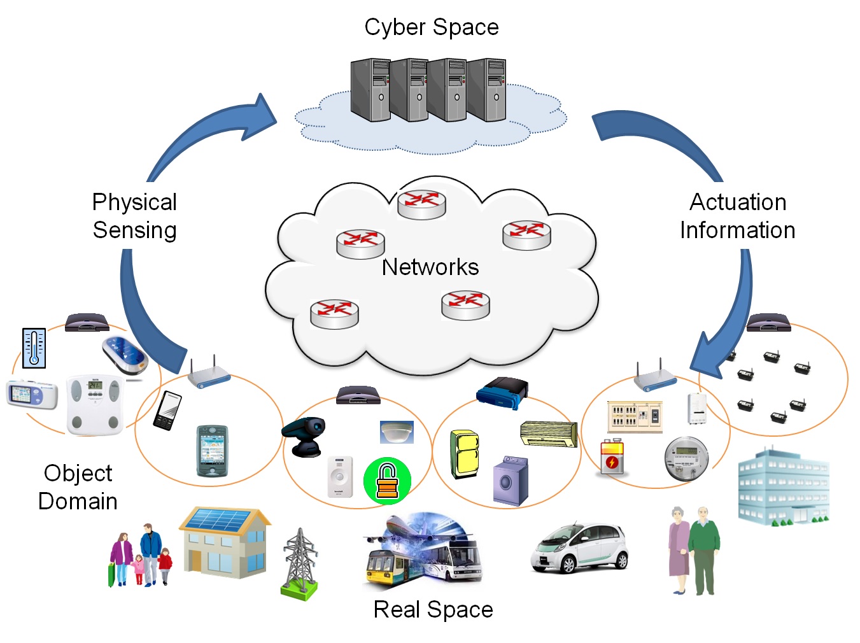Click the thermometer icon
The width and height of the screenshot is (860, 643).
(x=34, y=348)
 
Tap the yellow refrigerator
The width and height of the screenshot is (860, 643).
(x=465, y=454)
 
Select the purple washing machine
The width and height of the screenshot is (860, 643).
(x=511, y=481)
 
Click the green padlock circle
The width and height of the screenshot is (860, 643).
(x=387, y=481)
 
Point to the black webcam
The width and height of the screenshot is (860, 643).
(x=306, y=436)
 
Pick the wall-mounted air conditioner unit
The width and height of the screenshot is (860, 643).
(x=548, y=434)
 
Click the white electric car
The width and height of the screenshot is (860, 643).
(x=579, y=548)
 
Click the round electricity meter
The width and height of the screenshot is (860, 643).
(x=686, y=458)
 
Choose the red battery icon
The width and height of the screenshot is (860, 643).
(x=612, y=457)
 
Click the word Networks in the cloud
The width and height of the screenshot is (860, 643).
(x=430, y=267)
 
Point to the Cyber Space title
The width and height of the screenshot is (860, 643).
(x=432, y=27)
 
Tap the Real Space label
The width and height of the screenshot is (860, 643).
(x=433, y=609)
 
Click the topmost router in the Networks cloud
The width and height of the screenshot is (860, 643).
(x=421, y=204)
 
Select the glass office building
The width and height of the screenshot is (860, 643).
(x=783, y=486)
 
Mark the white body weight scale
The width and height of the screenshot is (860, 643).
(x=95, y=405)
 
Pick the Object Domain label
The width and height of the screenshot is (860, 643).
(x=78, y=487)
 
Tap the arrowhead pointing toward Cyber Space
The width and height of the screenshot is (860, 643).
(x=262, y=117)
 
